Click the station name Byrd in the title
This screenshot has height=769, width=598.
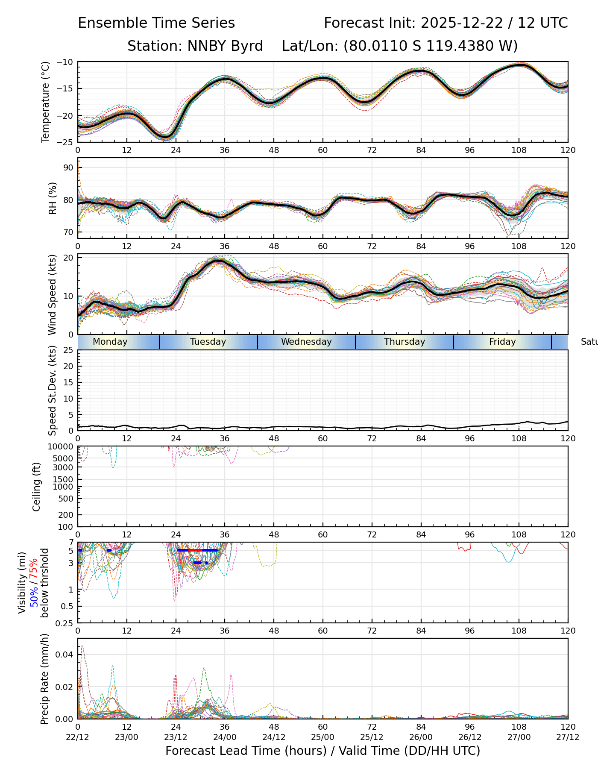247,46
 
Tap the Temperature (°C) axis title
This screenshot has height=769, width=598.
46,102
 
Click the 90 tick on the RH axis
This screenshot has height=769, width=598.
69,167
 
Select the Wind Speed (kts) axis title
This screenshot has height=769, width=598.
52,294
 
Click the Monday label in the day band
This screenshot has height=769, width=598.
110,342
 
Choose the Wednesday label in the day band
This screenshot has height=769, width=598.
306,342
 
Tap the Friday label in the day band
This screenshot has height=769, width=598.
502,342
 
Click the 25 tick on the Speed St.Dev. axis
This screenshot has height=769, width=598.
69,350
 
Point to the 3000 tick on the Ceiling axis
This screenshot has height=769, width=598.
64,467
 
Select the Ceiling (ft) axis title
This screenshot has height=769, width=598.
37,487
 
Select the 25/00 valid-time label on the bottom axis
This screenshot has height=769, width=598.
323,737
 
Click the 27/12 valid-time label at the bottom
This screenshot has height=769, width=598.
568,737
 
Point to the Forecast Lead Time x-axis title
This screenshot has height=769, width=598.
323,751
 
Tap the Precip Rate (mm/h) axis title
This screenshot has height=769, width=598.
44,679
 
